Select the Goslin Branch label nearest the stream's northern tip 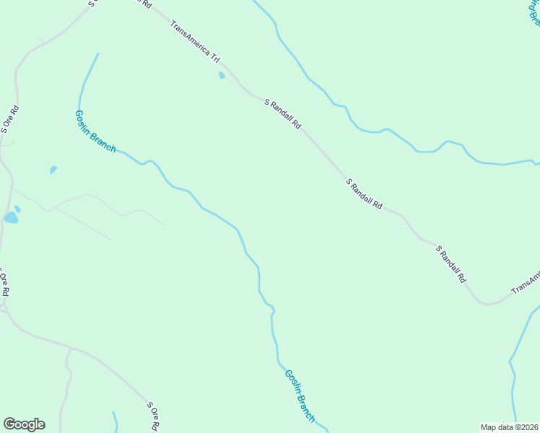coord(95,131)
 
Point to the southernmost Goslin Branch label coord(300,395)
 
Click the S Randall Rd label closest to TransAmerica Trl coord(282,114)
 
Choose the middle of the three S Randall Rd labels coord(365,194)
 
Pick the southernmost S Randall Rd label coord(451,263)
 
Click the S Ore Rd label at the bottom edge coord(153,416)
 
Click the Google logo coord(24,424)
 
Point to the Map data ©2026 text coord(510,427)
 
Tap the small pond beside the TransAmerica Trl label coord(222,75)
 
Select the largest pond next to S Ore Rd coord(11,217)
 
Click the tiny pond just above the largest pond coord(17,209)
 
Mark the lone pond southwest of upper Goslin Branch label coord(53,170)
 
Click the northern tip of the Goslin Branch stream coord(97,54)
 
